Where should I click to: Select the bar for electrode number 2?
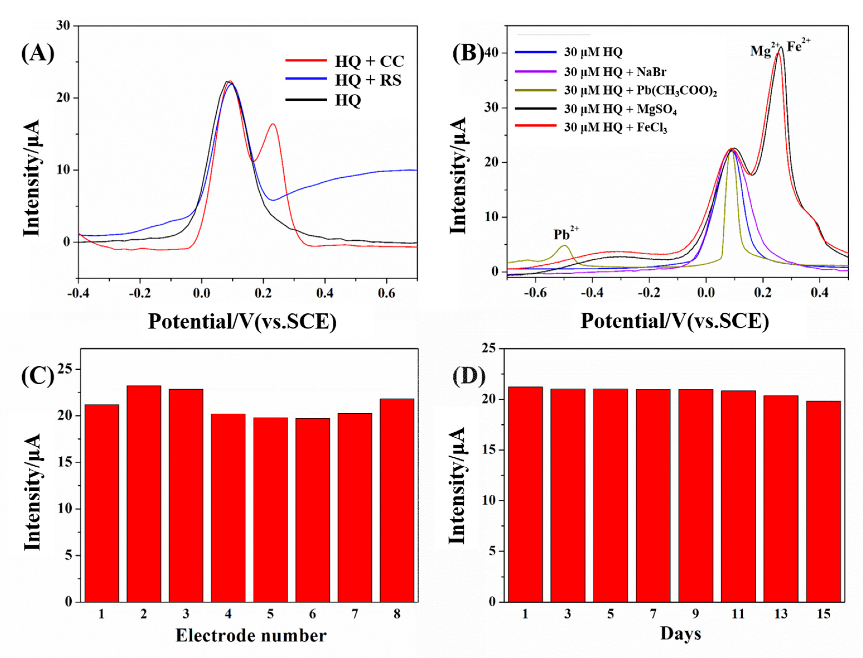pyautogui.click(x=144, y=493)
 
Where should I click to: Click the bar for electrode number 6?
pyautogui.click(x=312, y=509)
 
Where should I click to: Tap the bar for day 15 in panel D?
pyautogui.click(x=823, y=501)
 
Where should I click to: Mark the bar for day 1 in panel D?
pyautogui.click(x=525, y=493)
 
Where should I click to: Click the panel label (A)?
pyautogui.click(x=38, y=53)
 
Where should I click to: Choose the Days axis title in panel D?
pyautogui.click(x=680, y=633)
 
